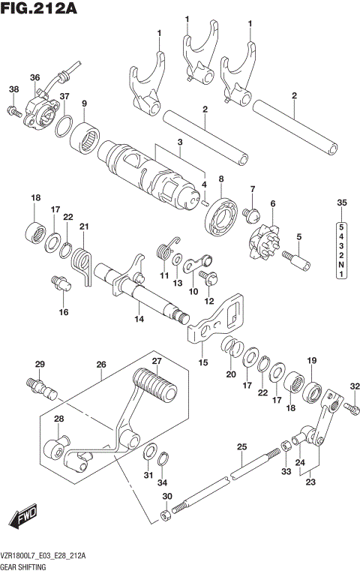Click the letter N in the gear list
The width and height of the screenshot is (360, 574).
pos(341,265)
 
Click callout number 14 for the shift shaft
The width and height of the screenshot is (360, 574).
pos(138,320)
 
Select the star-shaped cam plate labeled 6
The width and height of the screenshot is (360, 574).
pos(263,236)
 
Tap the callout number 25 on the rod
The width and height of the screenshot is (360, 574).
pos(241,448)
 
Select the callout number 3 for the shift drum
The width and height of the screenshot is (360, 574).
pos(179,143)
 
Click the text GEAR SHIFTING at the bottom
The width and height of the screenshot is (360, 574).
pos(25,568)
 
